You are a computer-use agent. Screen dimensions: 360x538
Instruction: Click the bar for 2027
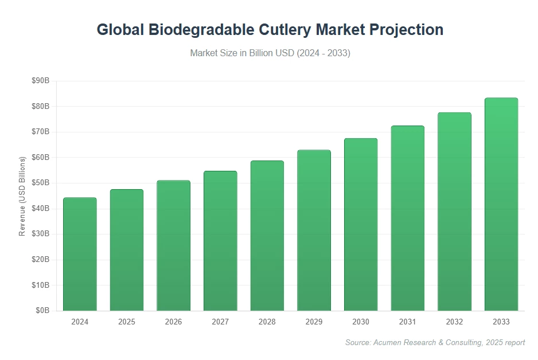coord(220,241)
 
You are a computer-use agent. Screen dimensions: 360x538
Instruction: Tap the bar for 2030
coord(361,225)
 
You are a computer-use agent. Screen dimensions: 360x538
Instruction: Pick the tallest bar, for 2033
coord(501,204)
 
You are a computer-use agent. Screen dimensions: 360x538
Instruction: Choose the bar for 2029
coord(314,230)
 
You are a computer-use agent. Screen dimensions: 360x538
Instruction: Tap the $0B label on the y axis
coord(43,310)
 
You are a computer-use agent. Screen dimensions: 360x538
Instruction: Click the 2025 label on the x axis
coord(127,322)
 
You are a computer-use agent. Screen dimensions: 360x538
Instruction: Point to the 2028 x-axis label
coord(267,322)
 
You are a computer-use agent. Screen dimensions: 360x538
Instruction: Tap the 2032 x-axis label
coord(454,322)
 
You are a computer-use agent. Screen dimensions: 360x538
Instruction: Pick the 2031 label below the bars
coord(407,322)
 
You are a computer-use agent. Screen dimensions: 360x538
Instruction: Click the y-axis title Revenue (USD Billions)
coord(22,196)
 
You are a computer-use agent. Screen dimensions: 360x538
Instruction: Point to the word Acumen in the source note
coord(389,342)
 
